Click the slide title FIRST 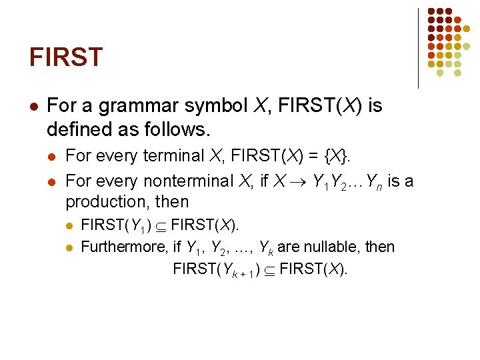66,57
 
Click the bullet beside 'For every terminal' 52,157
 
